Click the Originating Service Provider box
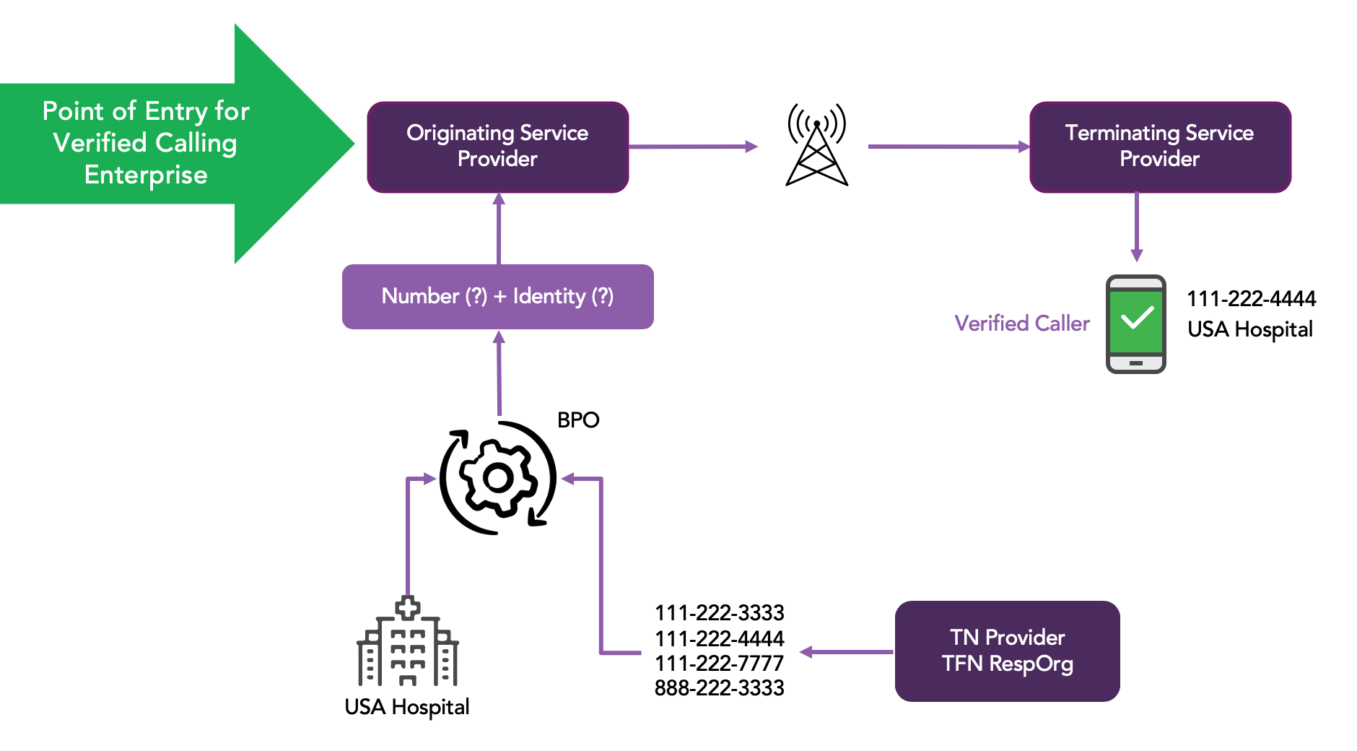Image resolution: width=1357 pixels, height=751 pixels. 497,147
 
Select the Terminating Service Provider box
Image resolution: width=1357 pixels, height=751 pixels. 1160,147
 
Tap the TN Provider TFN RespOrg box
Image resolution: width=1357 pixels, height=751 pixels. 1007,651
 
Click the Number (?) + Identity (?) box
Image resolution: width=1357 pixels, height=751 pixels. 497,296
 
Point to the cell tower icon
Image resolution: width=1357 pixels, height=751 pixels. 816,144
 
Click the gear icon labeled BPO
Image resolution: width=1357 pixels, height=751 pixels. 498,477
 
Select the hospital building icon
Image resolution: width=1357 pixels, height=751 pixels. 408,641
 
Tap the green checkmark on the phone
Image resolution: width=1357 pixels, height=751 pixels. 1136,318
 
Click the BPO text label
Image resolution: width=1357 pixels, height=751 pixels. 578,420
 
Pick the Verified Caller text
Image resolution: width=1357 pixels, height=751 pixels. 1021,323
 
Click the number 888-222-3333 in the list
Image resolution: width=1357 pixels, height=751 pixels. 719,687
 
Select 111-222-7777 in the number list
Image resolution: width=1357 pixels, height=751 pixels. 719,663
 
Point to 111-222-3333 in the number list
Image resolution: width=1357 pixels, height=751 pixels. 719,612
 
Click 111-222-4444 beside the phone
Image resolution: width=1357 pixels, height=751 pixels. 1251,298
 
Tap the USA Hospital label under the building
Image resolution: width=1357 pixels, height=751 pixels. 407,707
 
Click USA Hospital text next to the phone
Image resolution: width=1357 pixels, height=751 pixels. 1250,329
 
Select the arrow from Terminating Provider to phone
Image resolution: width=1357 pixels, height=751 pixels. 1137,227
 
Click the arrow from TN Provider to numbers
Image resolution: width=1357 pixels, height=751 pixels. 847,652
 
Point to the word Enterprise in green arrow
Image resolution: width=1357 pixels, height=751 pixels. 146,175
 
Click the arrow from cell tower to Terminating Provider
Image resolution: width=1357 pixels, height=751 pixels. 949,147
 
